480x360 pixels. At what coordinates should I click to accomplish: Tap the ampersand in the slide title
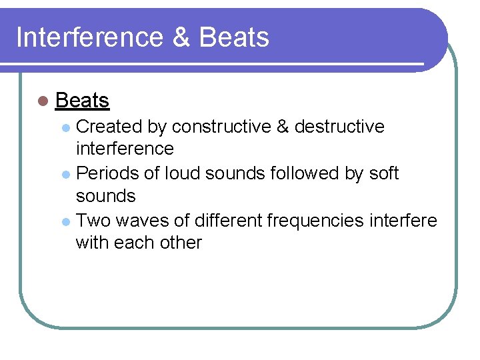pos(181,37)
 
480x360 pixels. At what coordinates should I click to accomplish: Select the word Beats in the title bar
pos(234,37)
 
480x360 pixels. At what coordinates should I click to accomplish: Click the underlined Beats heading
pos(82,101)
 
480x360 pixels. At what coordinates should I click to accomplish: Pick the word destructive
pos(339,127)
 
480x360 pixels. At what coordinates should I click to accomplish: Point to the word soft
pos(383,173)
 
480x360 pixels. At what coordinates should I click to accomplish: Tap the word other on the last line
pos(179,242)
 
